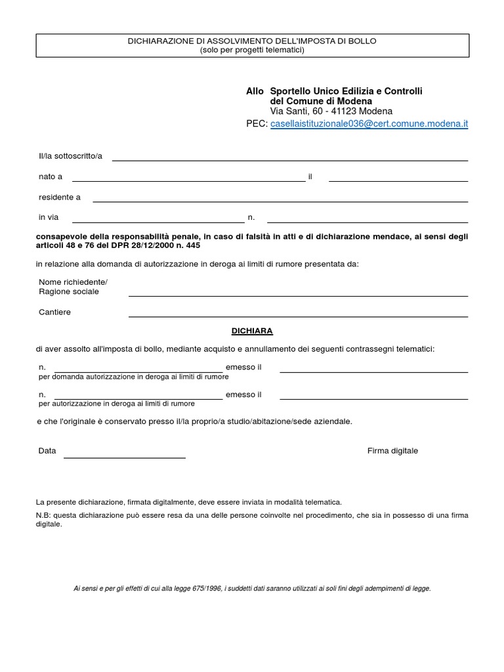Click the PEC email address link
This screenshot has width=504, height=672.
coord(369,123)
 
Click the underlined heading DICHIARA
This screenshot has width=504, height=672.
coord(252,331)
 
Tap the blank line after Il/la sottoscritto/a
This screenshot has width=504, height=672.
coord(290,159)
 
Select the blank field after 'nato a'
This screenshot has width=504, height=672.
coord(188,179)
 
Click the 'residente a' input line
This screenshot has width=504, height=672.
coord(280,200)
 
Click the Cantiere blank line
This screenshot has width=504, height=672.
coord(298,316)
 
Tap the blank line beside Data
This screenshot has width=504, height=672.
coord(124,456)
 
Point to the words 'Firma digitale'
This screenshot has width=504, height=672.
coord(392,451)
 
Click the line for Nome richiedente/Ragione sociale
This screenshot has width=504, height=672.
coord(298,295)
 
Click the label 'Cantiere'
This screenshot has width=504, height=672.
coord(54,312)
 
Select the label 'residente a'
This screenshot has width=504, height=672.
coord(60,197)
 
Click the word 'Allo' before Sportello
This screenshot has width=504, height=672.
coord(255,91)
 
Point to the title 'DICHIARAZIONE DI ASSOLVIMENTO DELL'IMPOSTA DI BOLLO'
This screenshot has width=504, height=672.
coord(252,41)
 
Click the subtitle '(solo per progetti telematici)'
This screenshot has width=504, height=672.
coord(252,51)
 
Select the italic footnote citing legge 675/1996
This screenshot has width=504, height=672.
coord(252,589)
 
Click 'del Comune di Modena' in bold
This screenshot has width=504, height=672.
coord(321,102)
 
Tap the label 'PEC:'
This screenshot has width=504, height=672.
coord(257,123)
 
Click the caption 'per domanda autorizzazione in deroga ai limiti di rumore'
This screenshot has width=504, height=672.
coord(134,377)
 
